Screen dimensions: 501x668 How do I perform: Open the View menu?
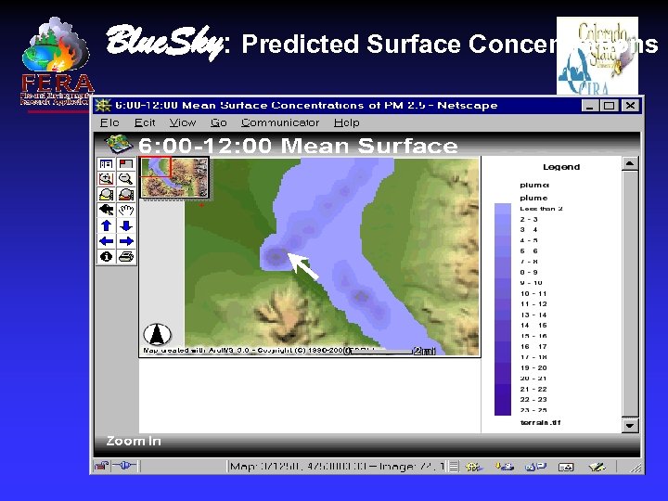[x=183, y=122]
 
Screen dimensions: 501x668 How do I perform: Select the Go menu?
[x=219, y=122]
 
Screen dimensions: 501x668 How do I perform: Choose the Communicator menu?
[x=280, y=122]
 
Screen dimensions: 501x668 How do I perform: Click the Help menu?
[x=346, y=122]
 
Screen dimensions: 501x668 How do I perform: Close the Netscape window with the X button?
[x=629, y=106]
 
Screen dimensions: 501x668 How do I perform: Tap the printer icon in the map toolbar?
[x=125, y=255]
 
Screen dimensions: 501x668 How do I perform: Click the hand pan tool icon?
[x=125, y=210]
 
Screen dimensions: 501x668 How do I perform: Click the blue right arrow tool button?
[x=125, y=240]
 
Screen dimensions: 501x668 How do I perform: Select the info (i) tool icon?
[x=106, y=255]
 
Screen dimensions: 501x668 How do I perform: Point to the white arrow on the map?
[x=302, y=266]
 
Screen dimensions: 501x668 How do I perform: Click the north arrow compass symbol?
[x=157, y=335]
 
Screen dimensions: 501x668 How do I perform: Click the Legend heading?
[x=560, y=167]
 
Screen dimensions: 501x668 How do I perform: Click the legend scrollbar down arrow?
[x=630, y=423]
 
